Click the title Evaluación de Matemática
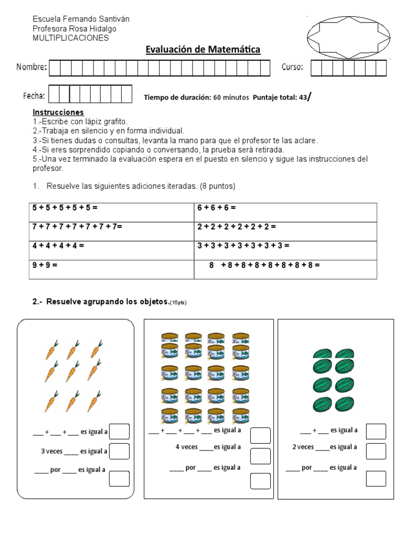tap(203, 50)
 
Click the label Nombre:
tap(31, 67)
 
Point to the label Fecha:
tap(34, 95)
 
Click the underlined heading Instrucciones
tap(58, 112)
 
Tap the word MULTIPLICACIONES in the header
tap(70, 38)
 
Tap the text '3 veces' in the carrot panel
tap(51, 451)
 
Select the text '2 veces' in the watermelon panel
tap(303, 447)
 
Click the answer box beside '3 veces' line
tap(120, 451)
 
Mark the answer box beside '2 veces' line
tap(376, 450)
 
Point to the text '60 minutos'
tap(231, 98)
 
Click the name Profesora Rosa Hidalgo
tap(75, 28)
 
